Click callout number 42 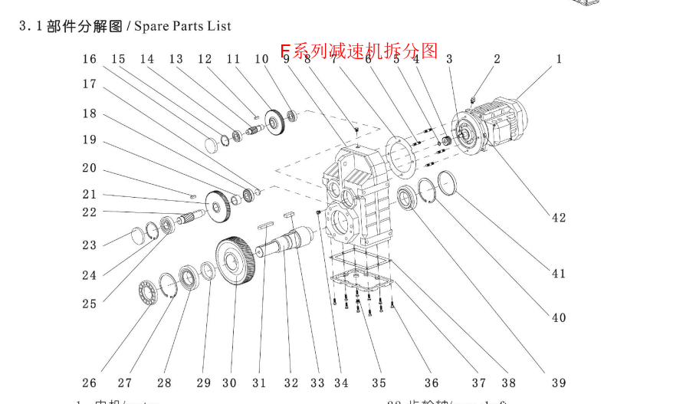559,217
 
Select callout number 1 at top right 559,59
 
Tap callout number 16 90,59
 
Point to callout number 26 90,383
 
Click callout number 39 559,383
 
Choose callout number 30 229,383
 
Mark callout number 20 90,168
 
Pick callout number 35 379,383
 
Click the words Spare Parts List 182,26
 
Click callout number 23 90,245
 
